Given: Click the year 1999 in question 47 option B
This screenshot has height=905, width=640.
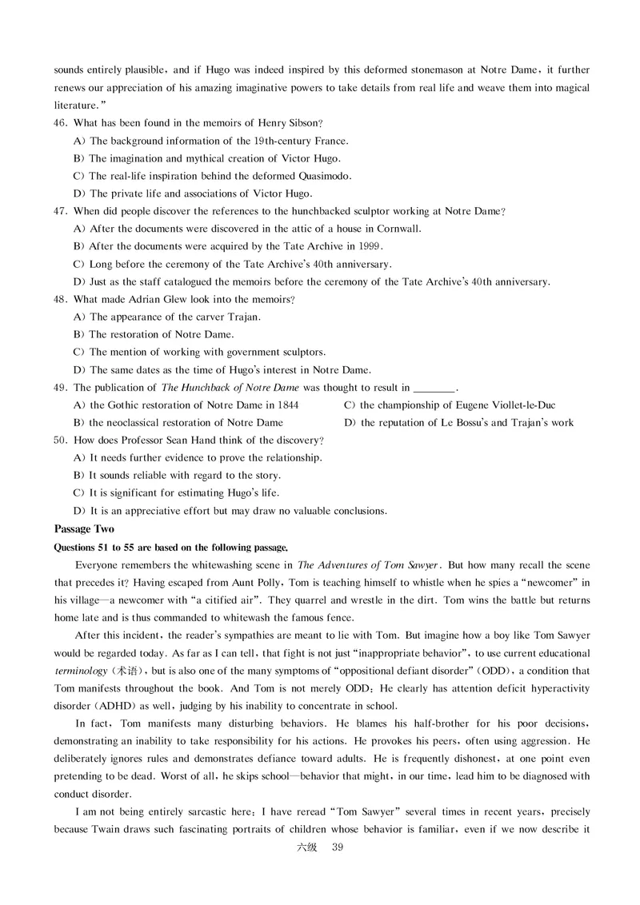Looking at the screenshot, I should click(370, 246).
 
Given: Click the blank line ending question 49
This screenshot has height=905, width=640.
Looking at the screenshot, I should click(433, 388).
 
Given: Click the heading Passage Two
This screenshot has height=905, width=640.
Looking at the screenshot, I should click(84, 528).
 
